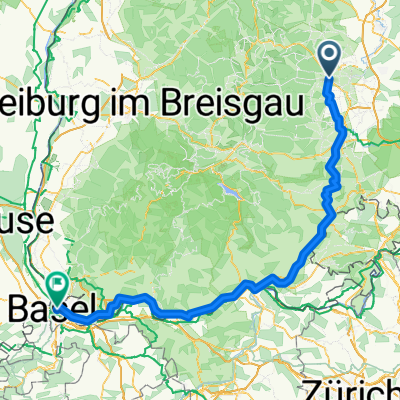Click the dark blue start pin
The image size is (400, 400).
pyautogui.click(x=330, y=58)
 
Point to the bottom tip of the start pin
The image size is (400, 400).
pyautogui.click(x=330, y=76)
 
